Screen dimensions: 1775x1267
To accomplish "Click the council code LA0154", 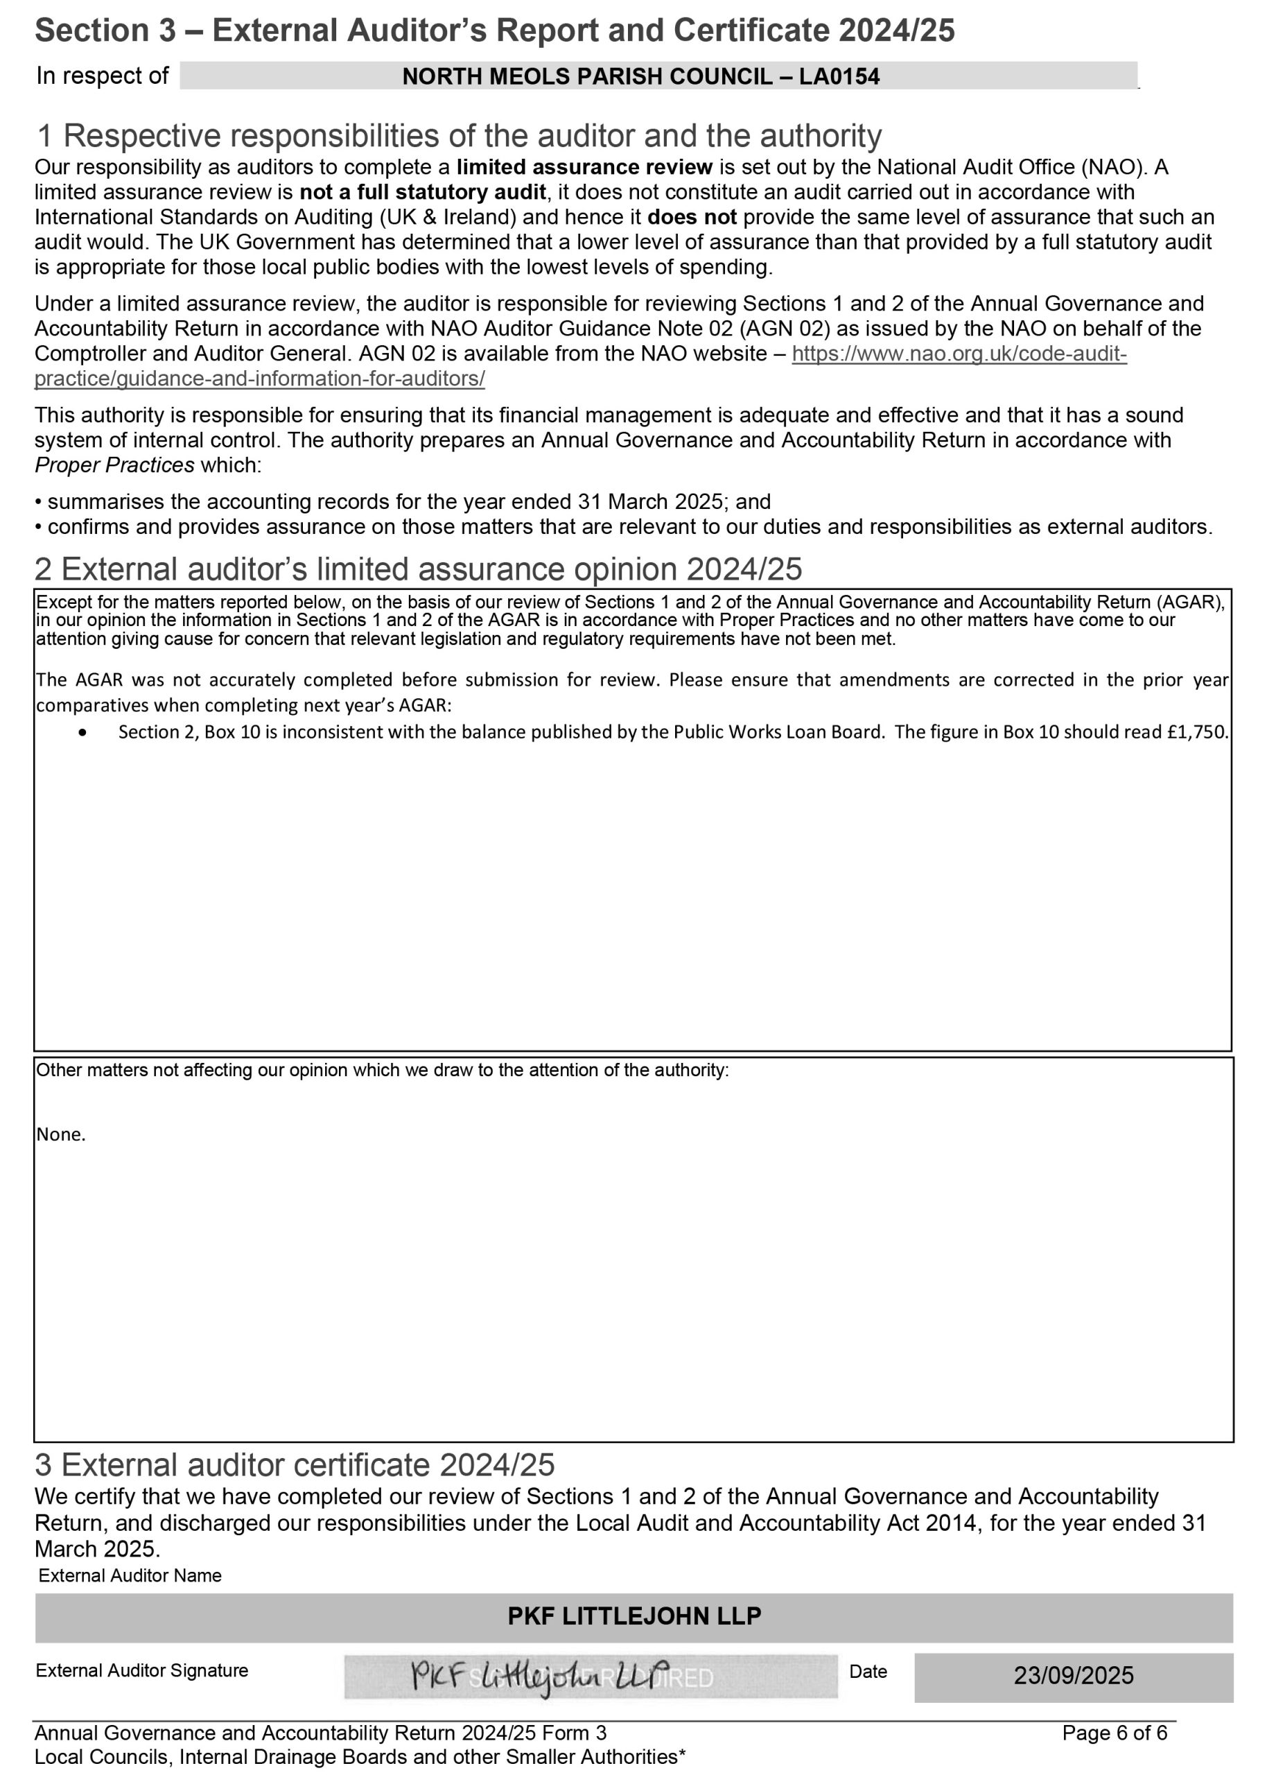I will coord(839,76).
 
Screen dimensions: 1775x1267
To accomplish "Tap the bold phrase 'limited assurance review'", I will coord(584,167).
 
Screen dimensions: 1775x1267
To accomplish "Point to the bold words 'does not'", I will coord(691,217).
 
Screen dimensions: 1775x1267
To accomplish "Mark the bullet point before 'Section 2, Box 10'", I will coord(82,733).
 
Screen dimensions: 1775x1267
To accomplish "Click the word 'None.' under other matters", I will coord(61,1134).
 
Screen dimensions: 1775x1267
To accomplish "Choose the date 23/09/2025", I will coord(1073,1675).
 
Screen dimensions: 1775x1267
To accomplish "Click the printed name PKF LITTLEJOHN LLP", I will coord(634,1615).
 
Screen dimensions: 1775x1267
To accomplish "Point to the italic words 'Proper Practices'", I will coord(114,465).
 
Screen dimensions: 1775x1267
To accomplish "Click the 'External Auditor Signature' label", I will coord(142,1670).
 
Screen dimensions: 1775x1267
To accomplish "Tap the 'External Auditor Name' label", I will coord(130,1575).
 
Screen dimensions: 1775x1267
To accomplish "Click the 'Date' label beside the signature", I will coord(868,1671).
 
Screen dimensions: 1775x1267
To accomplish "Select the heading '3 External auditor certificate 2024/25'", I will coord(294,1465).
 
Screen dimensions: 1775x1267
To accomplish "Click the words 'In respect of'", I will coord(102,76).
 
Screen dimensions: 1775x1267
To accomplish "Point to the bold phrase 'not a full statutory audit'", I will coord(423,192).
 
